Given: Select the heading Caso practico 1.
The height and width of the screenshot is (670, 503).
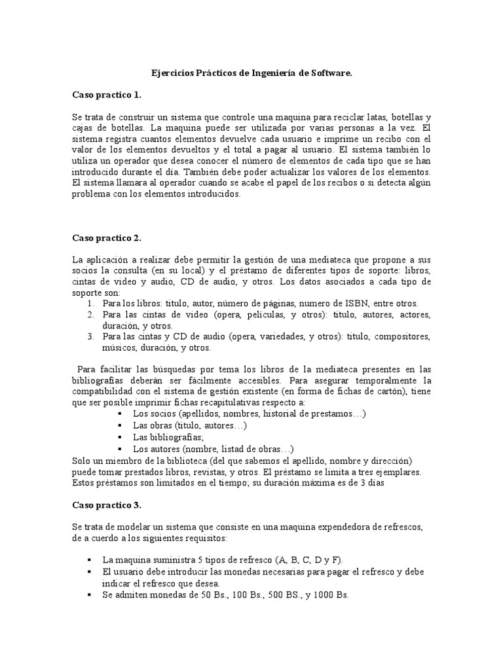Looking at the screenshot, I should [107, 95].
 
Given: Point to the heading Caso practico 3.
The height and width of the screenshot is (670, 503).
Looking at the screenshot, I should [107, 506].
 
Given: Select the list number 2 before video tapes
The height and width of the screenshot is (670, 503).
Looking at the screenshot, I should [90, 315].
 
